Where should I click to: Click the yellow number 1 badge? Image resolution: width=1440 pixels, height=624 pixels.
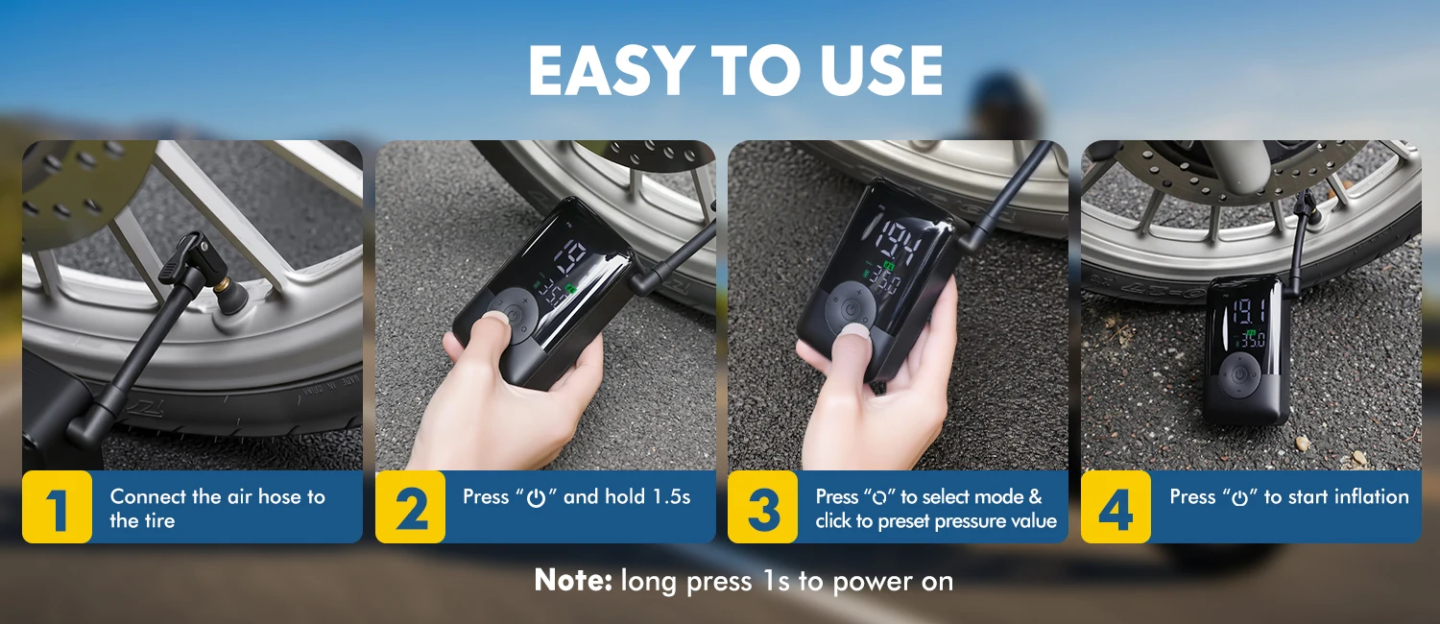pos(58,507)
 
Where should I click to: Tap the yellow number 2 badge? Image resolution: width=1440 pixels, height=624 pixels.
pos(410,507)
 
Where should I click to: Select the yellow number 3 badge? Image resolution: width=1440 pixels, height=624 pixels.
pos(763,507)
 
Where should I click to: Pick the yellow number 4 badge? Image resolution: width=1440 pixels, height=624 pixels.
pos(1116,507)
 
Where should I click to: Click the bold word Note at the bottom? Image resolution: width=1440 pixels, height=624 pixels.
pos(573,580)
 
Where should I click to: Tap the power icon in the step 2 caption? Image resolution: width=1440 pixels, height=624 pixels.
pos(536,498)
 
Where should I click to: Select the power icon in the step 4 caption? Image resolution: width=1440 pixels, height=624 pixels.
pos(1240,498)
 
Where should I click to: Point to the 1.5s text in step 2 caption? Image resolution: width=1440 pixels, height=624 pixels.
pos(671,496)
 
